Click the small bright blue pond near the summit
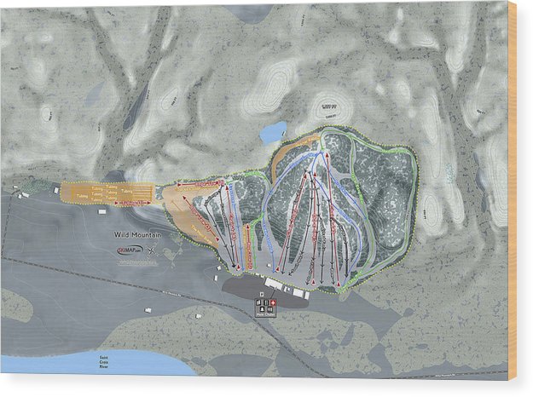273,132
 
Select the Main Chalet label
267,314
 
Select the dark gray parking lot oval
264,291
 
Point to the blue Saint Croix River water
85,365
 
